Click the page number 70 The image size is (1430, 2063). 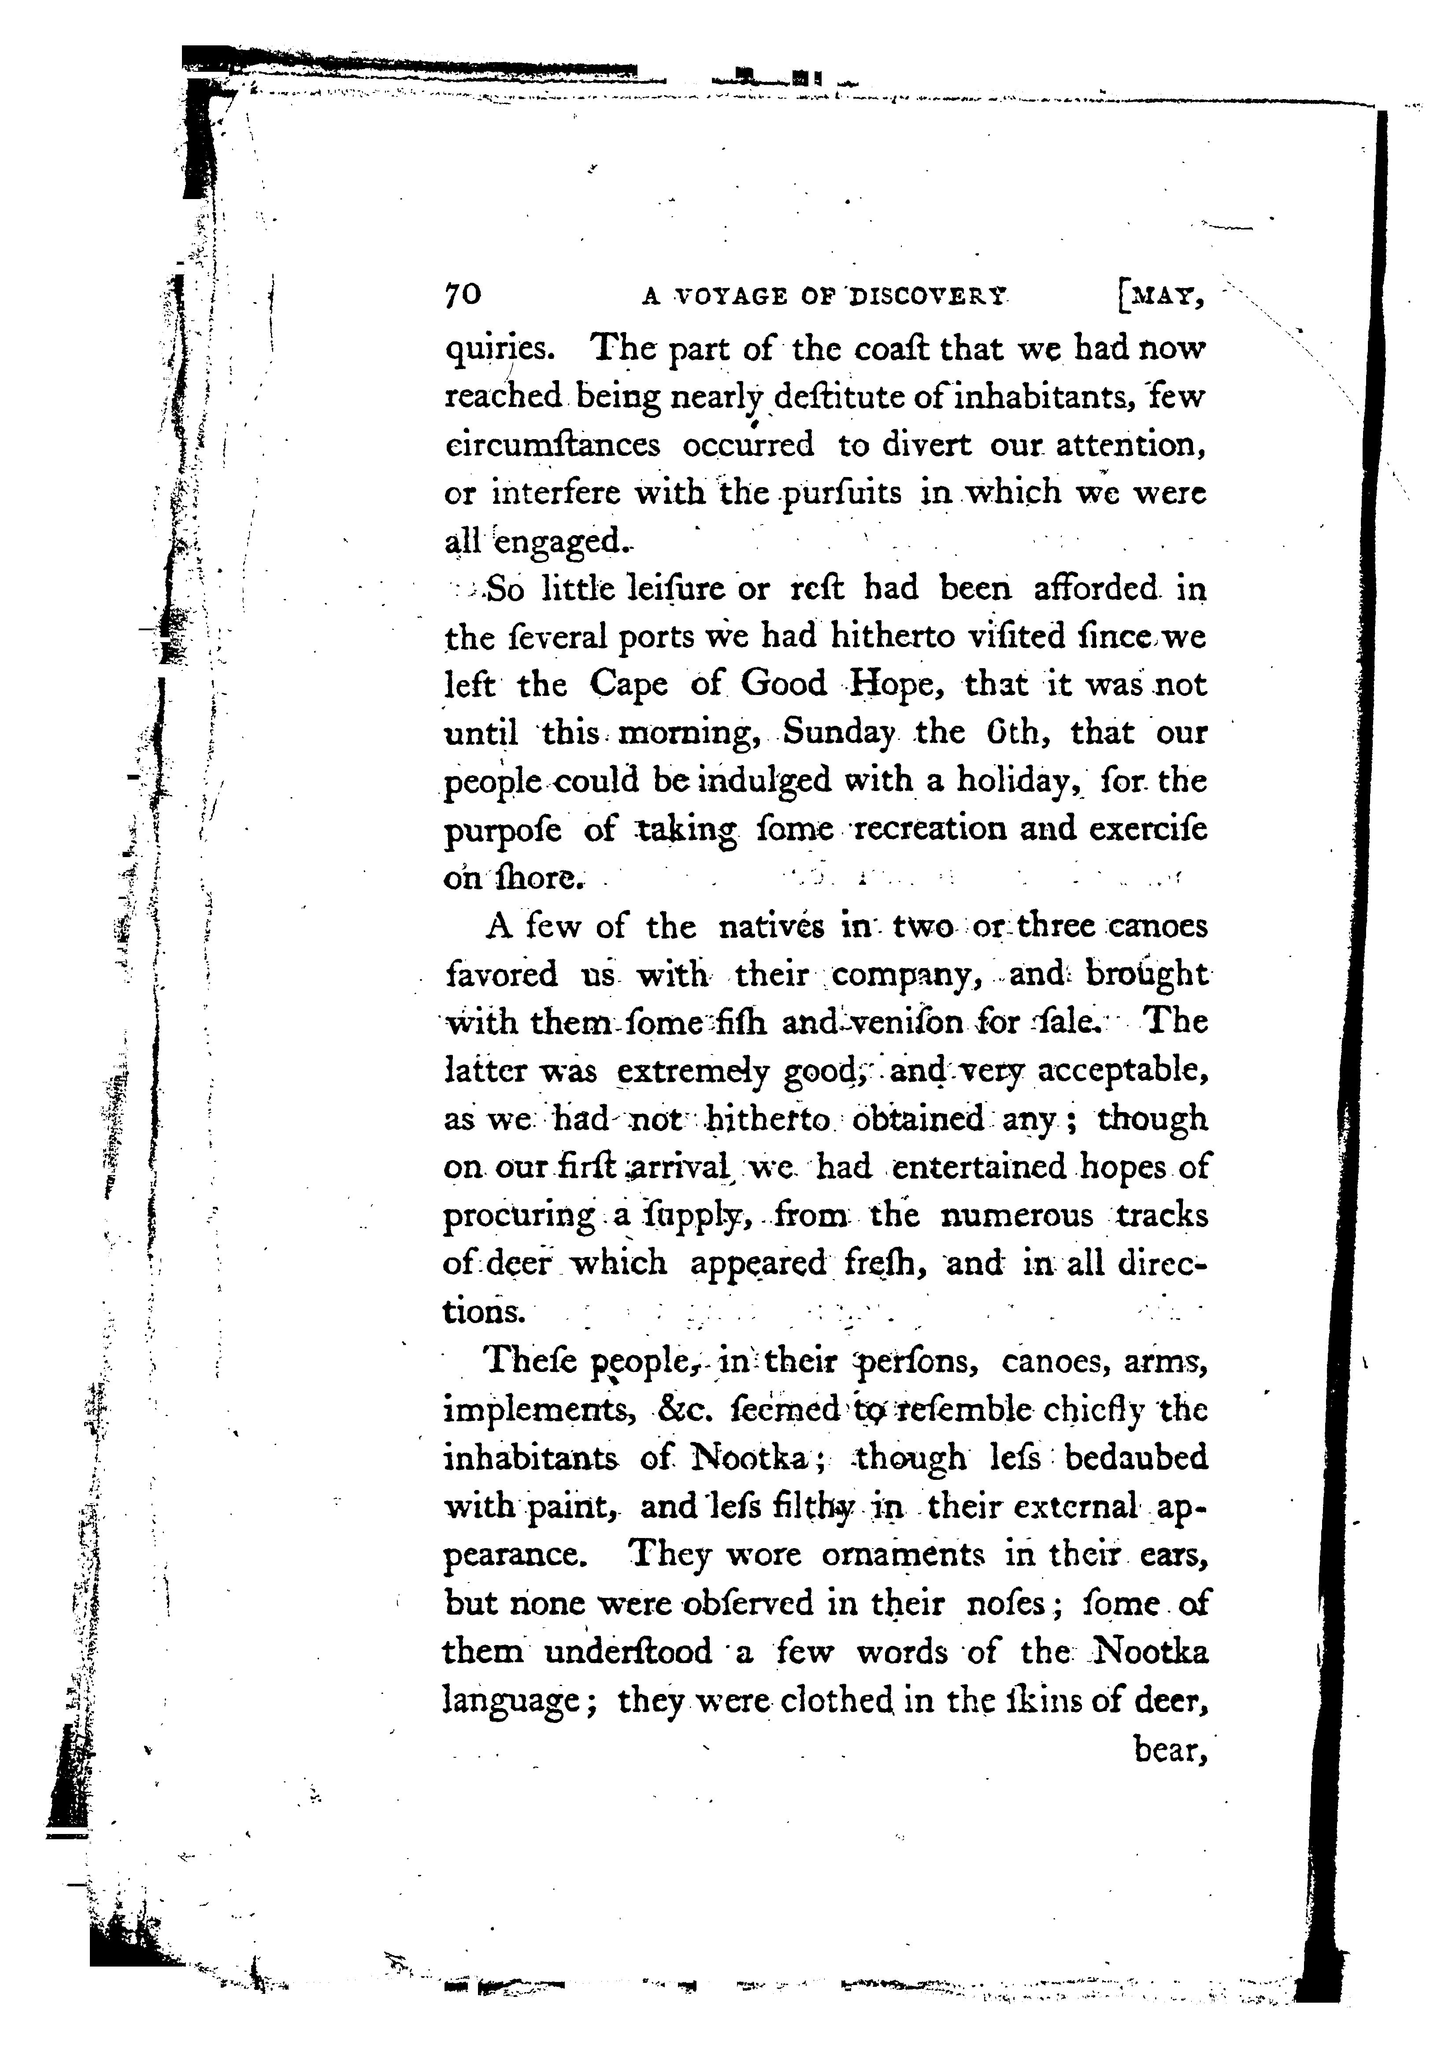point(463,296)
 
